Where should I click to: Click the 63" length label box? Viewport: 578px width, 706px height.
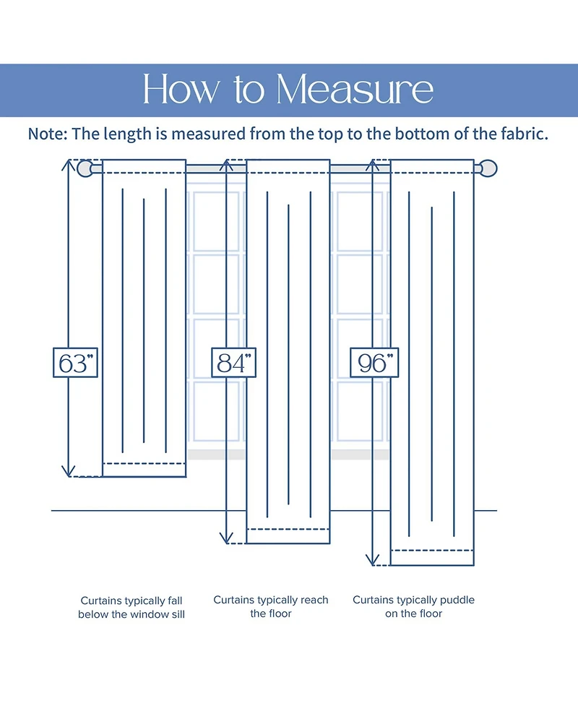tap(75, 363)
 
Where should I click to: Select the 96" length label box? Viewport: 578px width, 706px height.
tap(374, 363)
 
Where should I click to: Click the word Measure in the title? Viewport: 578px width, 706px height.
tap(355, 90)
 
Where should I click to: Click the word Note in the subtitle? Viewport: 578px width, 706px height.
tap(48, 134)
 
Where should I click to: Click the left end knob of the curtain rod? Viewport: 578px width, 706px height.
tap(86, 169)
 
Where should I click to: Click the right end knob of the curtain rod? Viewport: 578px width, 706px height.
tap(489, 169)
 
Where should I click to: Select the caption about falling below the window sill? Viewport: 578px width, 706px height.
tap(131, 608)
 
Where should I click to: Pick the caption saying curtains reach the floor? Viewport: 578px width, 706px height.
tap(270, 607)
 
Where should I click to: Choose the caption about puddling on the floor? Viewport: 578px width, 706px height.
tap(413, 607)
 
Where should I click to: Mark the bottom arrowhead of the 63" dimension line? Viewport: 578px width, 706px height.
tap(68, 472)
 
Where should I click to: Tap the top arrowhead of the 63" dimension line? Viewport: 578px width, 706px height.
tap(68, 163)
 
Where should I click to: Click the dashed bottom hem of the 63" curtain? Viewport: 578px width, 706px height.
tap(144, 462)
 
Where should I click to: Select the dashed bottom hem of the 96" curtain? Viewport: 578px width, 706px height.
tap(432, 550)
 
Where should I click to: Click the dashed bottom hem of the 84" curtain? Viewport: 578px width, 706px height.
tap(288, 529)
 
